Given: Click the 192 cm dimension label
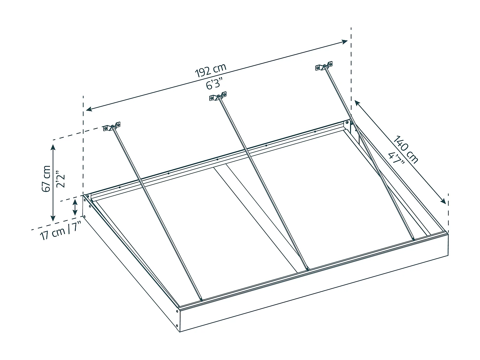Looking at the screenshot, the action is (x=210, y=70).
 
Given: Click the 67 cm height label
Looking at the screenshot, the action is (x=46, y=179).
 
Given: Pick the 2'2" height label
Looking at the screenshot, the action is (x=60, y=179).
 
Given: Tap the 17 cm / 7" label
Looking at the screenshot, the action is (x=60, y=231).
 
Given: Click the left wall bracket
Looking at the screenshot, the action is (x=112, y=126).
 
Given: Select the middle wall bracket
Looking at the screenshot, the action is (x=218, y=96).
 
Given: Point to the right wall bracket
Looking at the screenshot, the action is (x=324, y=66).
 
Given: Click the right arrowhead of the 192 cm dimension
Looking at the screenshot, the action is (x=345, y=41).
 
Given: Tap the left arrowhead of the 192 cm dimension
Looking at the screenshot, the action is (x=89, y=109).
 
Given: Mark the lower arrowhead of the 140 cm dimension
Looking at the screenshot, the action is (x=443, y=201).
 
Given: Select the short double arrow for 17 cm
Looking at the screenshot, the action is (x=75, y=207).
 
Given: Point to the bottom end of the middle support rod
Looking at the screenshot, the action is (x=307, y=269).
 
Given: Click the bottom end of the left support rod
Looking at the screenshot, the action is (x=201, y=300).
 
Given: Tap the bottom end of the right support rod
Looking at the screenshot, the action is (x=413, y=239).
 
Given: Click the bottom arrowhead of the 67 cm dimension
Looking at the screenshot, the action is (x=53, y=218).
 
